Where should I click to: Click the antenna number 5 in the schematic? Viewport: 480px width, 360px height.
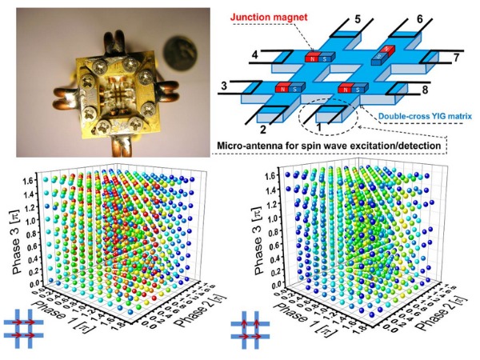coord(357,17)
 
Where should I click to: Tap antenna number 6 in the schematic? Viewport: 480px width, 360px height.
coord(419,17)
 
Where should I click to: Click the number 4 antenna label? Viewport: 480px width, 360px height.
coord(254,54)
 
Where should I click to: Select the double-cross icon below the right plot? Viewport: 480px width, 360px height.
coord(247,332)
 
